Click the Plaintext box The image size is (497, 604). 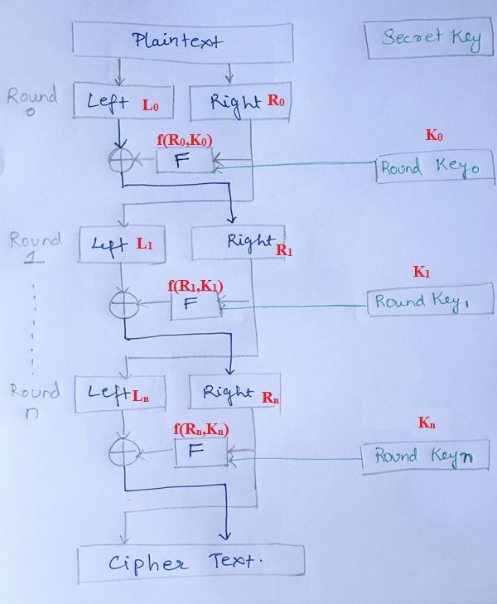click(x=182, y=41)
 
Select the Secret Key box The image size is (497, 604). click(x=429, y=39)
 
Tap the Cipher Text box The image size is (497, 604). click(x=191, y=563)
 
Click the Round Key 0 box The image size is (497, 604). click(x=434, y=168)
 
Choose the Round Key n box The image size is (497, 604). click(x=425, y=456)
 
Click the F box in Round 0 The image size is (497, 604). click(x=184, y=160)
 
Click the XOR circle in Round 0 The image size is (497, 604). click(x=121, y=160)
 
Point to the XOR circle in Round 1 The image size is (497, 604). click(x=123, y=305)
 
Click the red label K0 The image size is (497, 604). click(x=434, y=136)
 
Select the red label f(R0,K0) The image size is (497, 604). click(x=184, y=140)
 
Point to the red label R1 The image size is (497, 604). click(x=284, y=249)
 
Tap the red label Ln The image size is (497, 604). click(x=141, y=396)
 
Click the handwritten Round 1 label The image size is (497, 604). click(x=35, y=247)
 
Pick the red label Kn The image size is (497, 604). click(x=427, y=423)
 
